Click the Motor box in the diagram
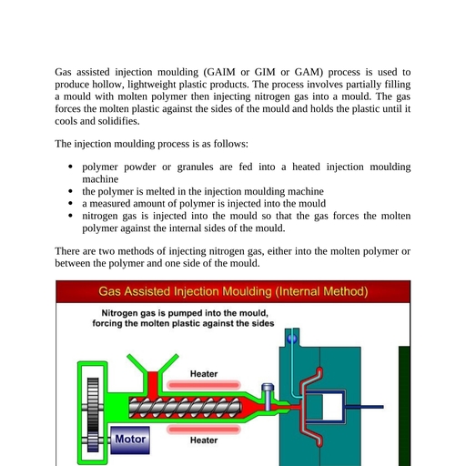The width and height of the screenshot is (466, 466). pyautogui.click(x=130, y=440)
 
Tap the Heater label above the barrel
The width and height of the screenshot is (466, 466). pyautogui.click(x=204, y=374)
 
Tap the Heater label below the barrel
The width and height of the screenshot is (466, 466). pyautogui.click(x=204, y=441)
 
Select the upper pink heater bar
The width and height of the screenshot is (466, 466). pyautogui.click(x=204, y=385)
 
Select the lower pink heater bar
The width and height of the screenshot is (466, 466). pyautogui.click(x=204, y=430)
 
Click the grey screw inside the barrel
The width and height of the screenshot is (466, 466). pyautogui.click(x=186, y=407)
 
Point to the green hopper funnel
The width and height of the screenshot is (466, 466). pyautogui.click(x=153, y=362)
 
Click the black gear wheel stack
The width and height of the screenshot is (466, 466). pyautogui.click(x=93, y=414)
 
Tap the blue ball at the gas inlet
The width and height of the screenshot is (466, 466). pyautogui.click(x=292, y=339)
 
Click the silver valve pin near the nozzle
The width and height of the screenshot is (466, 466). pyautogui.click(x=268, y=397)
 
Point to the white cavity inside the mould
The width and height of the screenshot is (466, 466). pyautogui.click(x=332, y=407)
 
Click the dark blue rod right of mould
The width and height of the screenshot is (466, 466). pyautogui.click(x=365, y=407)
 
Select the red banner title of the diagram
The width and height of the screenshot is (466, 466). pyautogui.click(x=233, y=291)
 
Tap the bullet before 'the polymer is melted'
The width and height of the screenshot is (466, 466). pyautogui.click(x=71, y=191)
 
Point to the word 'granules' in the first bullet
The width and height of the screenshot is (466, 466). pyautogui.click(x=195, y=167)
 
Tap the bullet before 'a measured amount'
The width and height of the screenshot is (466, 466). pyautogui.click(x=71, y=203)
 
